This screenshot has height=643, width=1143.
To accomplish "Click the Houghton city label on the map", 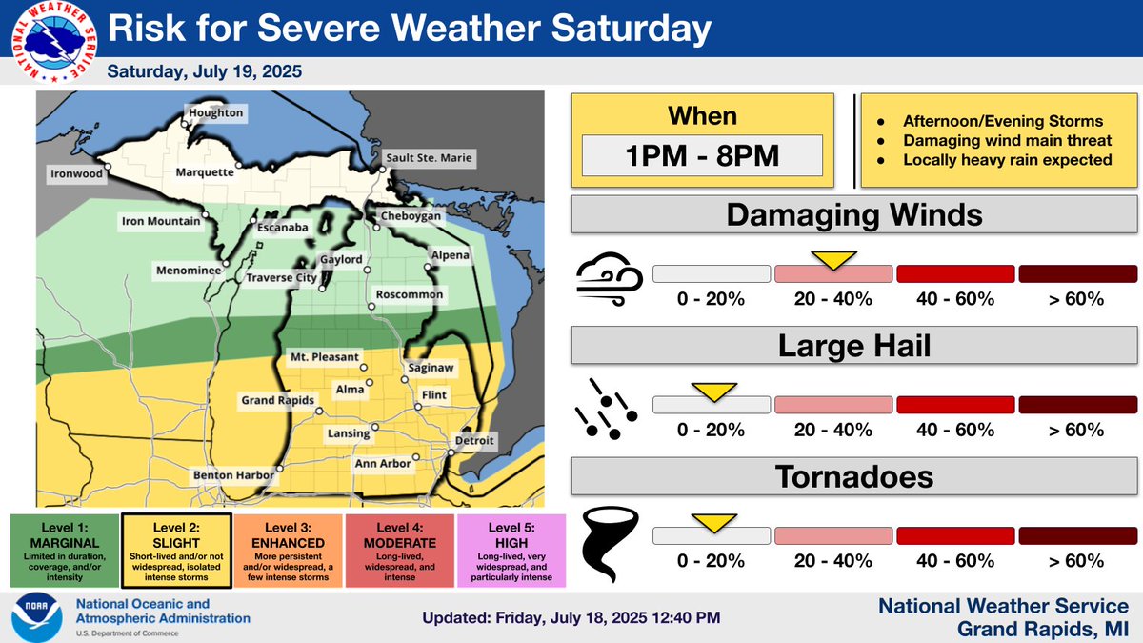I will (216, 113).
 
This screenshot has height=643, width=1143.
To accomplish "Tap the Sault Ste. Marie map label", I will (428, 157).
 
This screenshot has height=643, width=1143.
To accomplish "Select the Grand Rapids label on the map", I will (277, 400).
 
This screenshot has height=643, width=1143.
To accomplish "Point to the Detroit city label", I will (473, 441).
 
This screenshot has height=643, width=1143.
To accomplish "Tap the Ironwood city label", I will (78, 173).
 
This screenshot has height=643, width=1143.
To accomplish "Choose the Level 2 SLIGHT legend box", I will (176, 552).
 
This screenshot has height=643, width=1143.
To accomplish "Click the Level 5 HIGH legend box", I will (511, 552).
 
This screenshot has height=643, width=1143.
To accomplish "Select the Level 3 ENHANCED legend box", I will (288, 552).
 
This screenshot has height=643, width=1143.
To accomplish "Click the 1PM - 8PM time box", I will (703, 154).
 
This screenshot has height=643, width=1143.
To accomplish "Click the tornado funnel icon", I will (602, 540).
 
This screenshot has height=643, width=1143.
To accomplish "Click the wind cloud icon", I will (607, 279).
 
